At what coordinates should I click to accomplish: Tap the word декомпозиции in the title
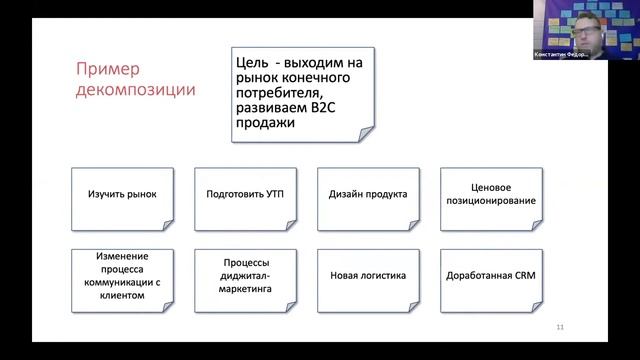[x=136, y=91]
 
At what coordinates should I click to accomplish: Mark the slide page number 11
[x=560, y=328]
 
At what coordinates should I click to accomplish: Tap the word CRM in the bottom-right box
[x=512, y=275]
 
